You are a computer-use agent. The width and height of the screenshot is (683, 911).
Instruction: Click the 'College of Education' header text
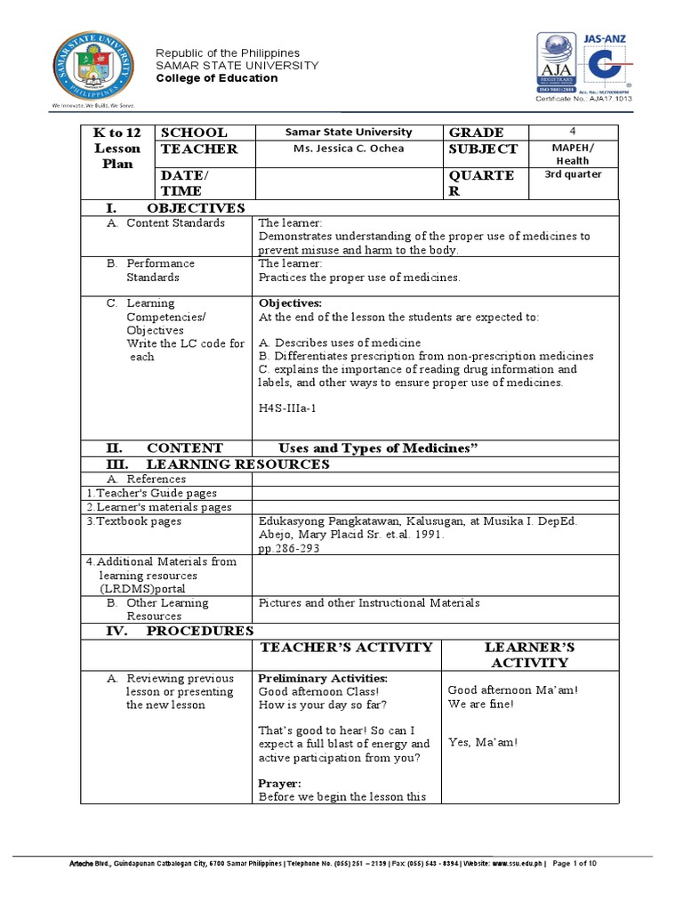click(x=217, y=78)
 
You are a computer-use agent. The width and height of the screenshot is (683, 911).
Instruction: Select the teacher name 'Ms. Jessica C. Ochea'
click(x=349, y=149)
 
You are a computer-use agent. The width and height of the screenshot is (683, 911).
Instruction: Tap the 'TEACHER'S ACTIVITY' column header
click(x=345, y=647)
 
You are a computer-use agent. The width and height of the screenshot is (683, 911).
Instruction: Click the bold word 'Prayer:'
click(x=278, y=783)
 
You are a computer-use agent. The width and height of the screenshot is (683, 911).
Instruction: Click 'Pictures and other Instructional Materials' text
click(x=368, y=602)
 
